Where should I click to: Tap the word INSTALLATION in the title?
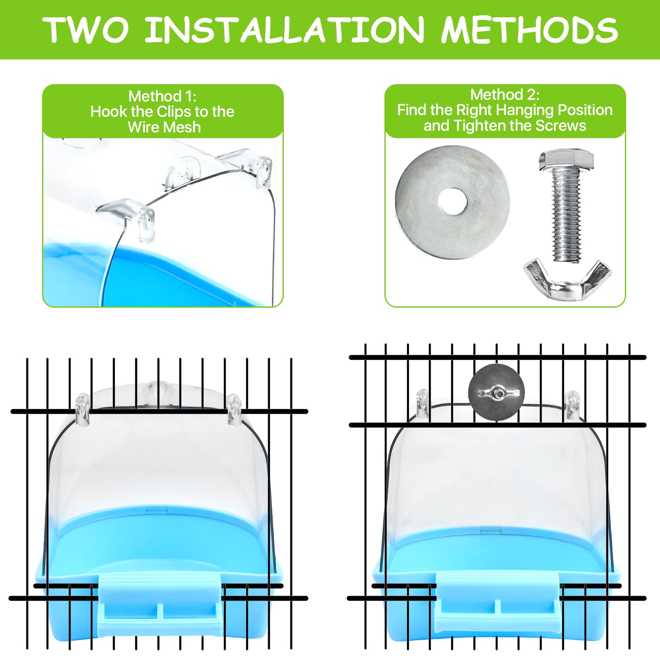pos(285,30)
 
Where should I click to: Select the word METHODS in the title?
pos(529,30)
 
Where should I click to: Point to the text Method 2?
pos(504,95)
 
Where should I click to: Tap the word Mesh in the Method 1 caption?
pos(182,127)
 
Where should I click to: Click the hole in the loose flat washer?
pos(453,202)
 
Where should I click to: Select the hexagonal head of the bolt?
pos(566,160)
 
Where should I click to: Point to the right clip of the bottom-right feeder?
pos(571,403)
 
